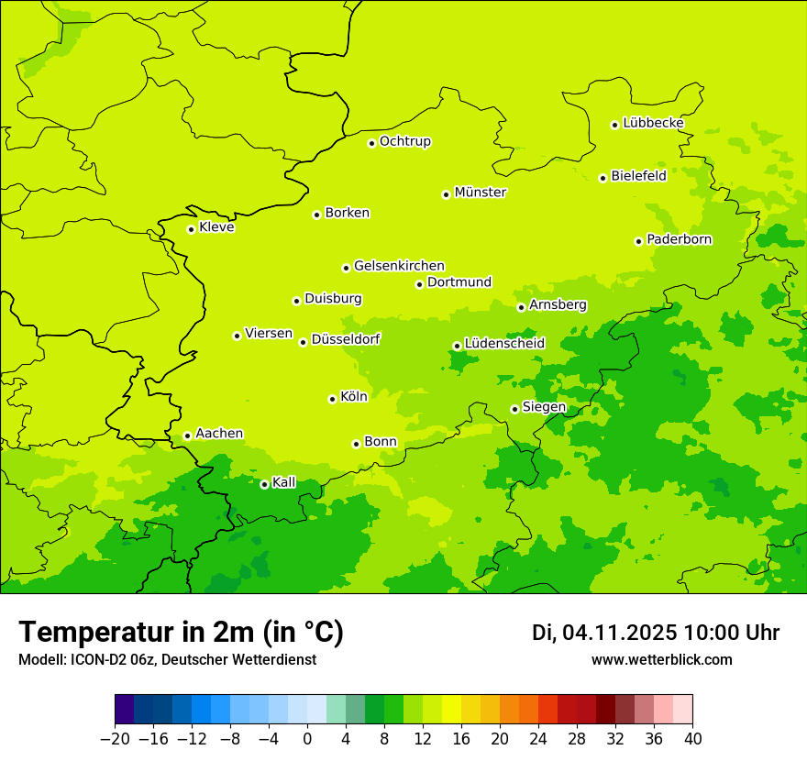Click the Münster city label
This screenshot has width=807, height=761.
(480, 193)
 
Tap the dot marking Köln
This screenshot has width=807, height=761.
(332, 399)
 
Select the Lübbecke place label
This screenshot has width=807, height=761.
(653, 123)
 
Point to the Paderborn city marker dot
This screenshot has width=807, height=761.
(638, 241)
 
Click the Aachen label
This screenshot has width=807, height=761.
(219, 434)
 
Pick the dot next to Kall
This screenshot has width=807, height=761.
(264, 484)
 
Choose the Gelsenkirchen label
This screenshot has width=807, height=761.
(399, 266)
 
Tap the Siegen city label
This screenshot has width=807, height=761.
(544, 407)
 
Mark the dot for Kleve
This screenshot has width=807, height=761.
(191, 229)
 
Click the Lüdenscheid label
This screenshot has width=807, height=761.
(504, 344)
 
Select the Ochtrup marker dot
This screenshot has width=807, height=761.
(371, 143)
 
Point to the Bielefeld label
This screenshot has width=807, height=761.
(638, 176)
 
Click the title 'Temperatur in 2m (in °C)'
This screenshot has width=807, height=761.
(181, 633)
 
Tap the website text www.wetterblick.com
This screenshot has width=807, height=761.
(661, 659)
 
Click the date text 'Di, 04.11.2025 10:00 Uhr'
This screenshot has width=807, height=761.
(656, 633)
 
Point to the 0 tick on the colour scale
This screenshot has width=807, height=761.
(307, 739)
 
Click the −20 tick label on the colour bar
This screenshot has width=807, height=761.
(115, 739)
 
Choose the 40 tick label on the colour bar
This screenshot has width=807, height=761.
(692, 739)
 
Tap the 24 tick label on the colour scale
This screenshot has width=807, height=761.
(538, 739)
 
